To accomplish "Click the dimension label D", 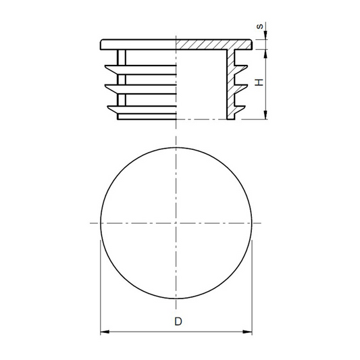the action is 178,322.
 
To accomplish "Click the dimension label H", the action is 259,82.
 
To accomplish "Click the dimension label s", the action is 259,26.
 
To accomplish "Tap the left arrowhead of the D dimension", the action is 105,332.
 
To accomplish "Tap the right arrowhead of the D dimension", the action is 247,332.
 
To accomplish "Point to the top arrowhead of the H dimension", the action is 265,54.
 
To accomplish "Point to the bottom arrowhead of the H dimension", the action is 265,115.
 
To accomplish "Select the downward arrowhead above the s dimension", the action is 265,35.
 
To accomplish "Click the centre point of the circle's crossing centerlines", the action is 176,223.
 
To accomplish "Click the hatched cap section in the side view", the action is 213,45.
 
